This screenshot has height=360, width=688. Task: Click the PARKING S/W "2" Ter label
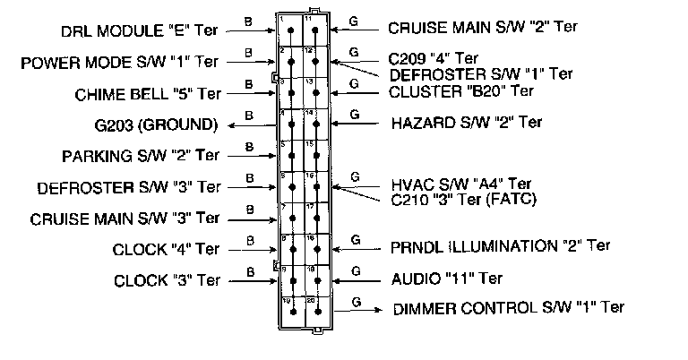142,156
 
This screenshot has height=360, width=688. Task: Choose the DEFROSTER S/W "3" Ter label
129,188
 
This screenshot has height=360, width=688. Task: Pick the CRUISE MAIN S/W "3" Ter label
125,218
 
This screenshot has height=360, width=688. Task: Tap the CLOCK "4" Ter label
166,248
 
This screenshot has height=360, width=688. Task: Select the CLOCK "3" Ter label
166,279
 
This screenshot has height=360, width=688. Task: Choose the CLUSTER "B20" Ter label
461,90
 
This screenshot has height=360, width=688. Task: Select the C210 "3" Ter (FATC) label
463,199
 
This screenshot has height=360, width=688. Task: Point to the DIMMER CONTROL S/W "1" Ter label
509,308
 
